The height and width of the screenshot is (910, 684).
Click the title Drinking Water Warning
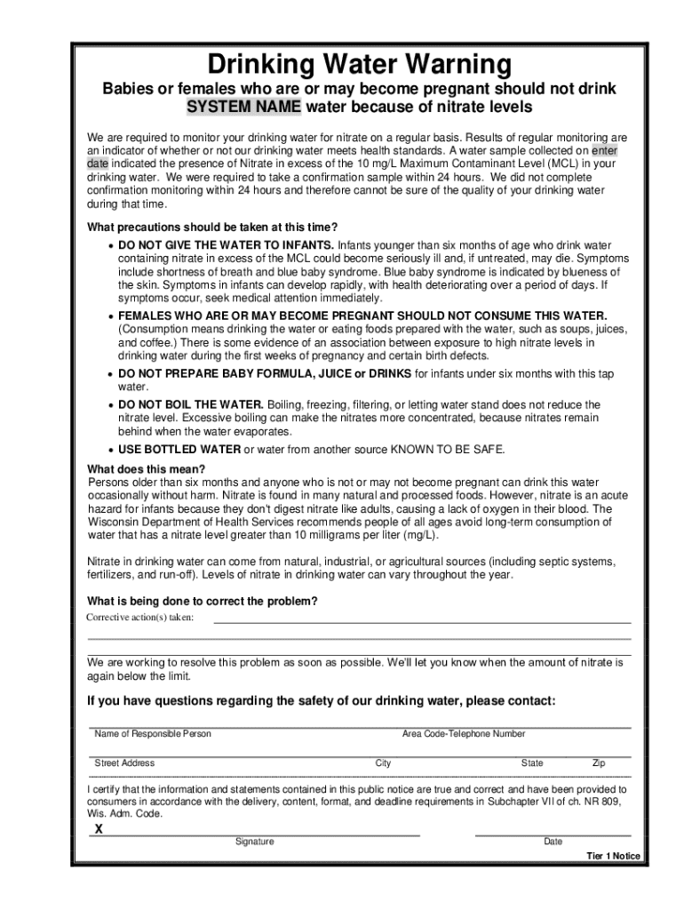click(x=359, y=66)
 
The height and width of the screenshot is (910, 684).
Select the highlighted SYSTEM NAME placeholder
click(x=243, y=108)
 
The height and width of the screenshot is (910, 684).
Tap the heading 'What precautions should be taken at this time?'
click(x=211, y=227)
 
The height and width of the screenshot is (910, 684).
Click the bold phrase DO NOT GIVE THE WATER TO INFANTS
click(x=227, y=244)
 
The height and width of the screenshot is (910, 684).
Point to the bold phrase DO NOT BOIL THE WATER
click(x=185, y=404)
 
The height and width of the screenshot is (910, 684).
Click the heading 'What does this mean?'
click(x=146, y=469)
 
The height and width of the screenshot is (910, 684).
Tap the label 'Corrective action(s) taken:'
click(x=140, y=618)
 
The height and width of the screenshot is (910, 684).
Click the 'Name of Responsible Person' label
click(x=153, y=734)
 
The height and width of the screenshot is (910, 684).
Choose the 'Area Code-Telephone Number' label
click(x=464, y=734)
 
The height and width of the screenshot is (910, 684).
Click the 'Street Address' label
click(x=124, y=763)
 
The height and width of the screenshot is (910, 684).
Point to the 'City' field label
click(x=383, y=763)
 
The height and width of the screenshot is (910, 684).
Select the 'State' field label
click(x=532, y=763)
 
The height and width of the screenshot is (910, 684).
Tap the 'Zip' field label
click(x=599, y=763)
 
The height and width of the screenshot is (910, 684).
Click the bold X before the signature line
click(x=99, y=829)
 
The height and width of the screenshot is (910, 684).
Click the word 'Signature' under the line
click(x=254, y=842)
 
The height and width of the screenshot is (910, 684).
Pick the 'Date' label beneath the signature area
click(x=553, y=842)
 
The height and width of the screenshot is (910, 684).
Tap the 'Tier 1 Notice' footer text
click(x=613, y=857)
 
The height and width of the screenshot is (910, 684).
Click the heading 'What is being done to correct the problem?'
click(x=202, y=601)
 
